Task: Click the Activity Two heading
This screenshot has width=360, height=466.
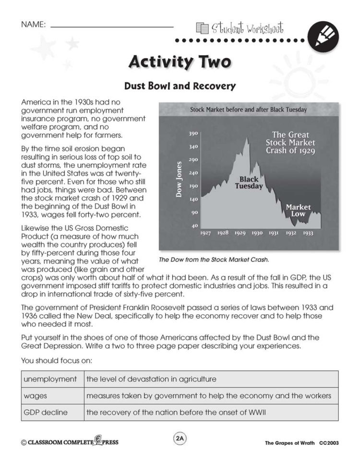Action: coord(180,62)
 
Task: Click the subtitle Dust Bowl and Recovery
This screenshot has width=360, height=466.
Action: coord(180,86)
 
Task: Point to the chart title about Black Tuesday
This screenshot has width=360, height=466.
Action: coord(248,110)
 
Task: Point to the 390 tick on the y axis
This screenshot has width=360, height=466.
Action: coord(193,134)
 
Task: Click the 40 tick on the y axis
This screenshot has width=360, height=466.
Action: coord(195,225)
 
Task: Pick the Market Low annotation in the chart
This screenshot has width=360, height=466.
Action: coord(298,210)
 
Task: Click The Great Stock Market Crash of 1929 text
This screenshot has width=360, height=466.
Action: coord(290,142)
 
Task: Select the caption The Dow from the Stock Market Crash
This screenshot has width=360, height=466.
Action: coord(214,259)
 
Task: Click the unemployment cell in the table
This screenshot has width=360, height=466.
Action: coord(50,379)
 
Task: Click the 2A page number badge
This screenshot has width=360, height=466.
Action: coord(180,439)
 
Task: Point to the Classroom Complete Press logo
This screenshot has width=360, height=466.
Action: coord(70,442)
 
